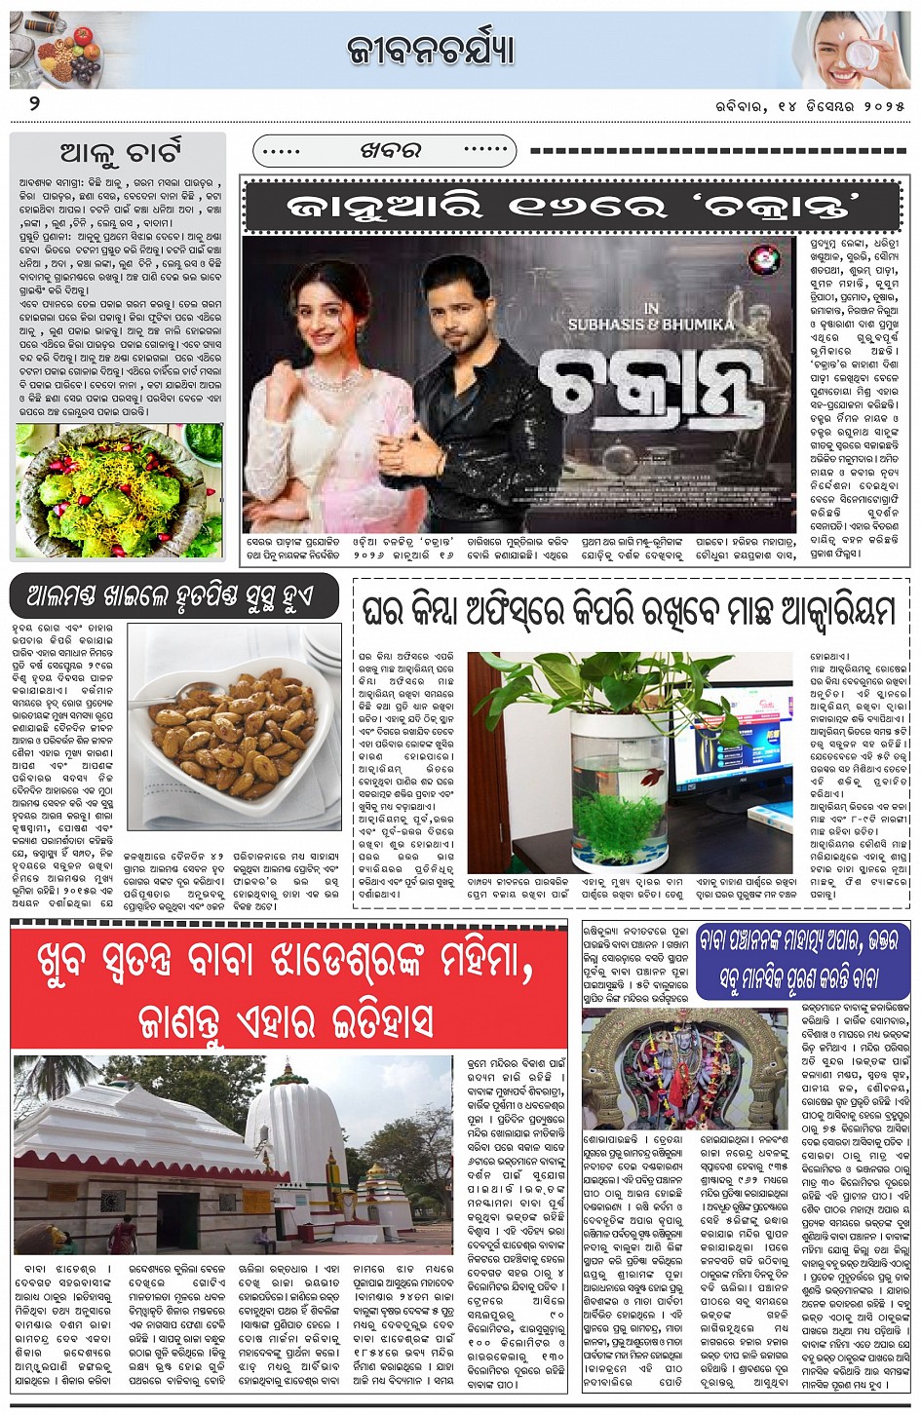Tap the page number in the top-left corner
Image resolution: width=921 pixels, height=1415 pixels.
click(34, 103)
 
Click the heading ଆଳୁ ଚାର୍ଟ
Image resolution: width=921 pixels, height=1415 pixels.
click(120, 153)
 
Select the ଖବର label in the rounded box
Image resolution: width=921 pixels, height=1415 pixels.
click(390, 151)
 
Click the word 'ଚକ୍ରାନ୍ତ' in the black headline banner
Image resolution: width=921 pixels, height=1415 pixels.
click(786, 207)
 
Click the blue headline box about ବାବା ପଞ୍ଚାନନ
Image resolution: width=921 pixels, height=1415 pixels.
click(802, 960)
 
